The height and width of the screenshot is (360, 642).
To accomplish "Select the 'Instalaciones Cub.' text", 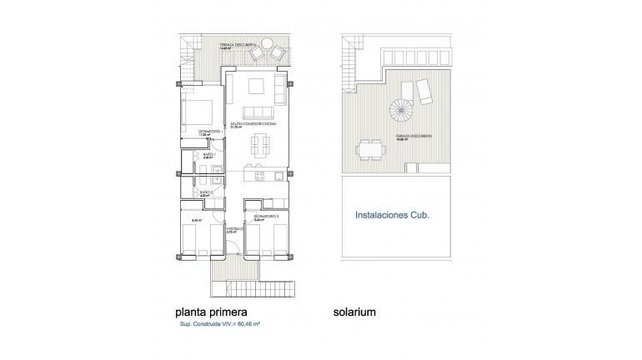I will [392, 215].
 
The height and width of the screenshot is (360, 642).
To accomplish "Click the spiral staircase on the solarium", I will [400, 109].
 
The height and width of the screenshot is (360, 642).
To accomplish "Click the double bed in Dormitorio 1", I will [198, 112].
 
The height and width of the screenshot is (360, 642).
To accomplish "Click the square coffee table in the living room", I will [257, 87].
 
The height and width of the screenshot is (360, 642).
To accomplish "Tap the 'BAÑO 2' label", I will [208, 192].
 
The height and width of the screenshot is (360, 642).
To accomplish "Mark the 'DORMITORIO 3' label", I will [266, 216].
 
